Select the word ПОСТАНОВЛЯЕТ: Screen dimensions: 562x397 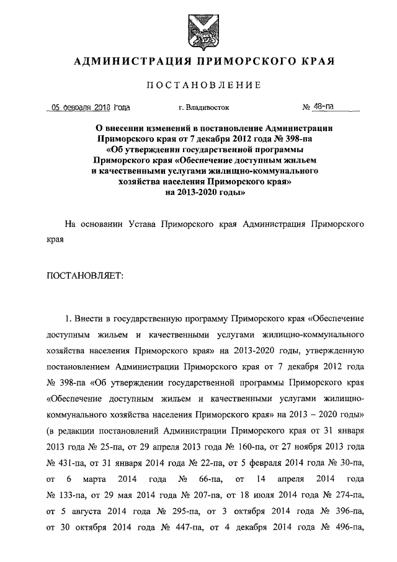(86, 275)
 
